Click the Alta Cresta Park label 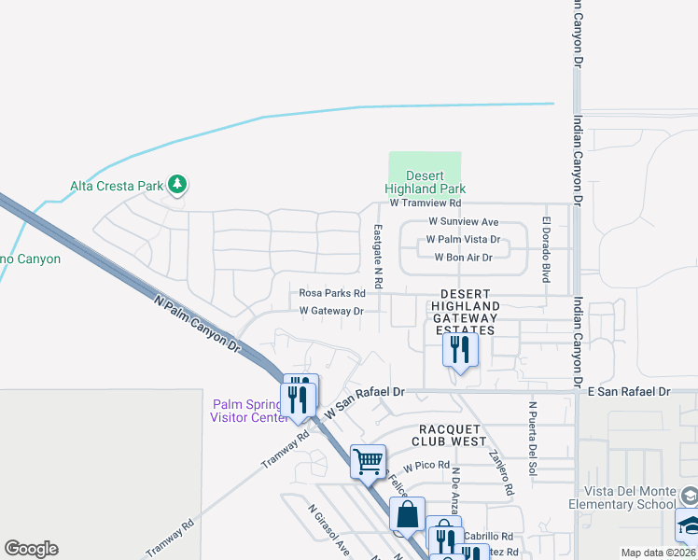(117, 186)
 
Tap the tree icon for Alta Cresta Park (176, 186)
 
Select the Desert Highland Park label (425, 182)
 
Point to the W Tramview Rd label (426, 203)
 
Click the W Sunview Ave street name (464, 222)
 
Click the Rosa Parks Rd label (332, 292)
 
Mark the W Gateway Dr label (330, 311)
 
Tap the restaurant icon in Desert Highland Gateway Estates (460, 350)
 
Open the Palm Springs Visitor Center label (252, 411)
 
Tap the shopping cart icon (368, 460)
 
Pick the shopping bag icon (408, 513)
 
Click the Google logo (31, 549)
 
